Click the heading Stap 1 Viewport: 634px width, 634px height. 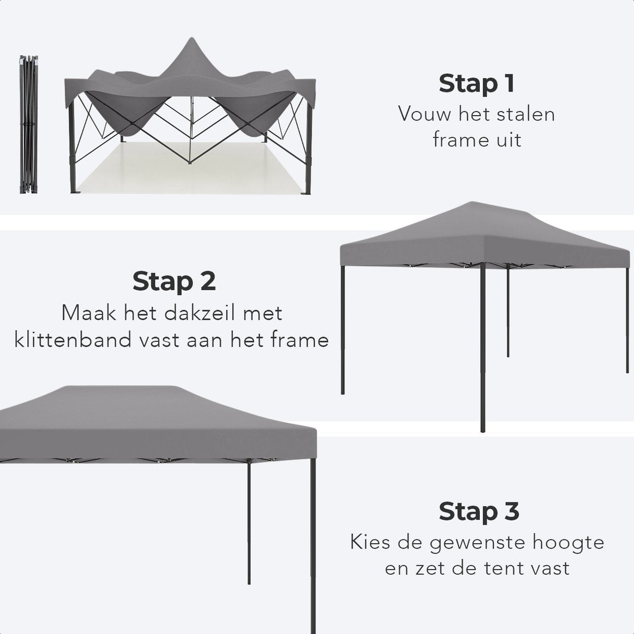tap(476, 83)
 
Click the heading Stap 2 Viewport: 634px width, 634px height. tap(174, 281)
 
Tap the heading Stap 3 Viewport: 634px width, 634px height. tap(479, 511)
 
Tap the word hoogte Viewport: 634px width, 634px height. tap(570, 543)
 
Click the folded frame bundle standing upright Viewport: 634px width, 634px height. tap(28, 124)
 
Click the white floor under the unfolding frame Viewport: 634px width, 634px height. tap(190, 169)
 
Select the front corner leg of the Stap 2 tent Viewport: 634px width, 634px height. tap(482, 349)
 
